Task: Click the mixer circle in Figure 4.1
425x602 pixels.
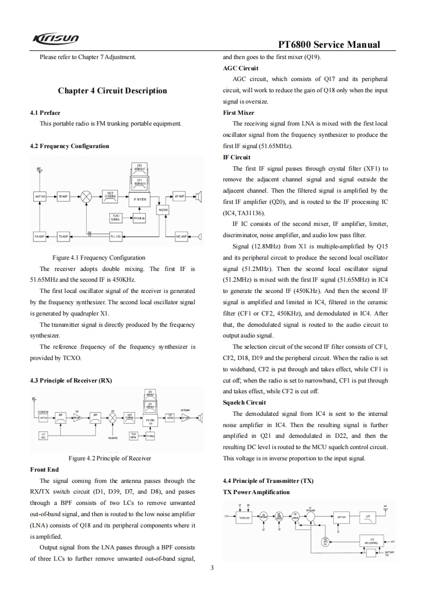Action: point(86,197)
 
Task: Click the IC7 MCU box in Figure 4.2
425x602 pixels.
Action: point(43,435)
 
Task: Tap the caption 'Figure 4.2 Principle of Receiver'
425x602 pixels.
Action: point(110,458)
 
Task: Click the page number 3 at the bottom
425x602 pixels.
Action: point(212,568)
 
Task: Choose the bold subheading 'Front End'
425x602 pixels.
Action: point(44,469)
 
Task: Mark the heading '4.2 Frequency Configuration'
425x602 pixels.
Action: point(69,146)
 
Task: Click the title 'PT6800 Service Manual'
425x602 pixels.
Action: point(330,45)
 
